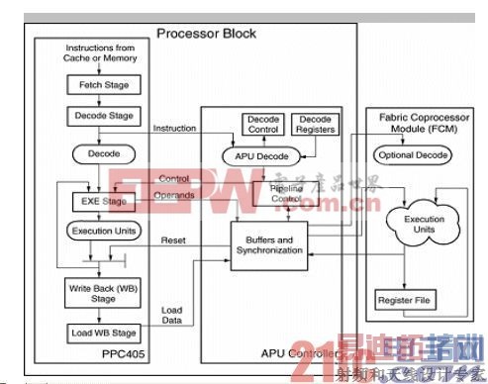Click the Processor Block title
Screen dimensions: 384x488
pos(206,34)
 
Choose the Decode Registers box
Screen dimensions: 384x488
pos(315,124)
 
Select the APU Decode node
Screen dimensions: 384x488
pos(265,155)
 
